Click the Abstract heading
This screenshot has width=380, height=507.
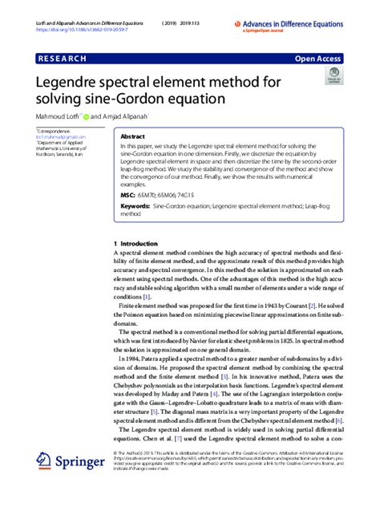tap(132, 137)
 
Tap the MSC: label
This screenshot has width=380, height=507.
tap(128, 195)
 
